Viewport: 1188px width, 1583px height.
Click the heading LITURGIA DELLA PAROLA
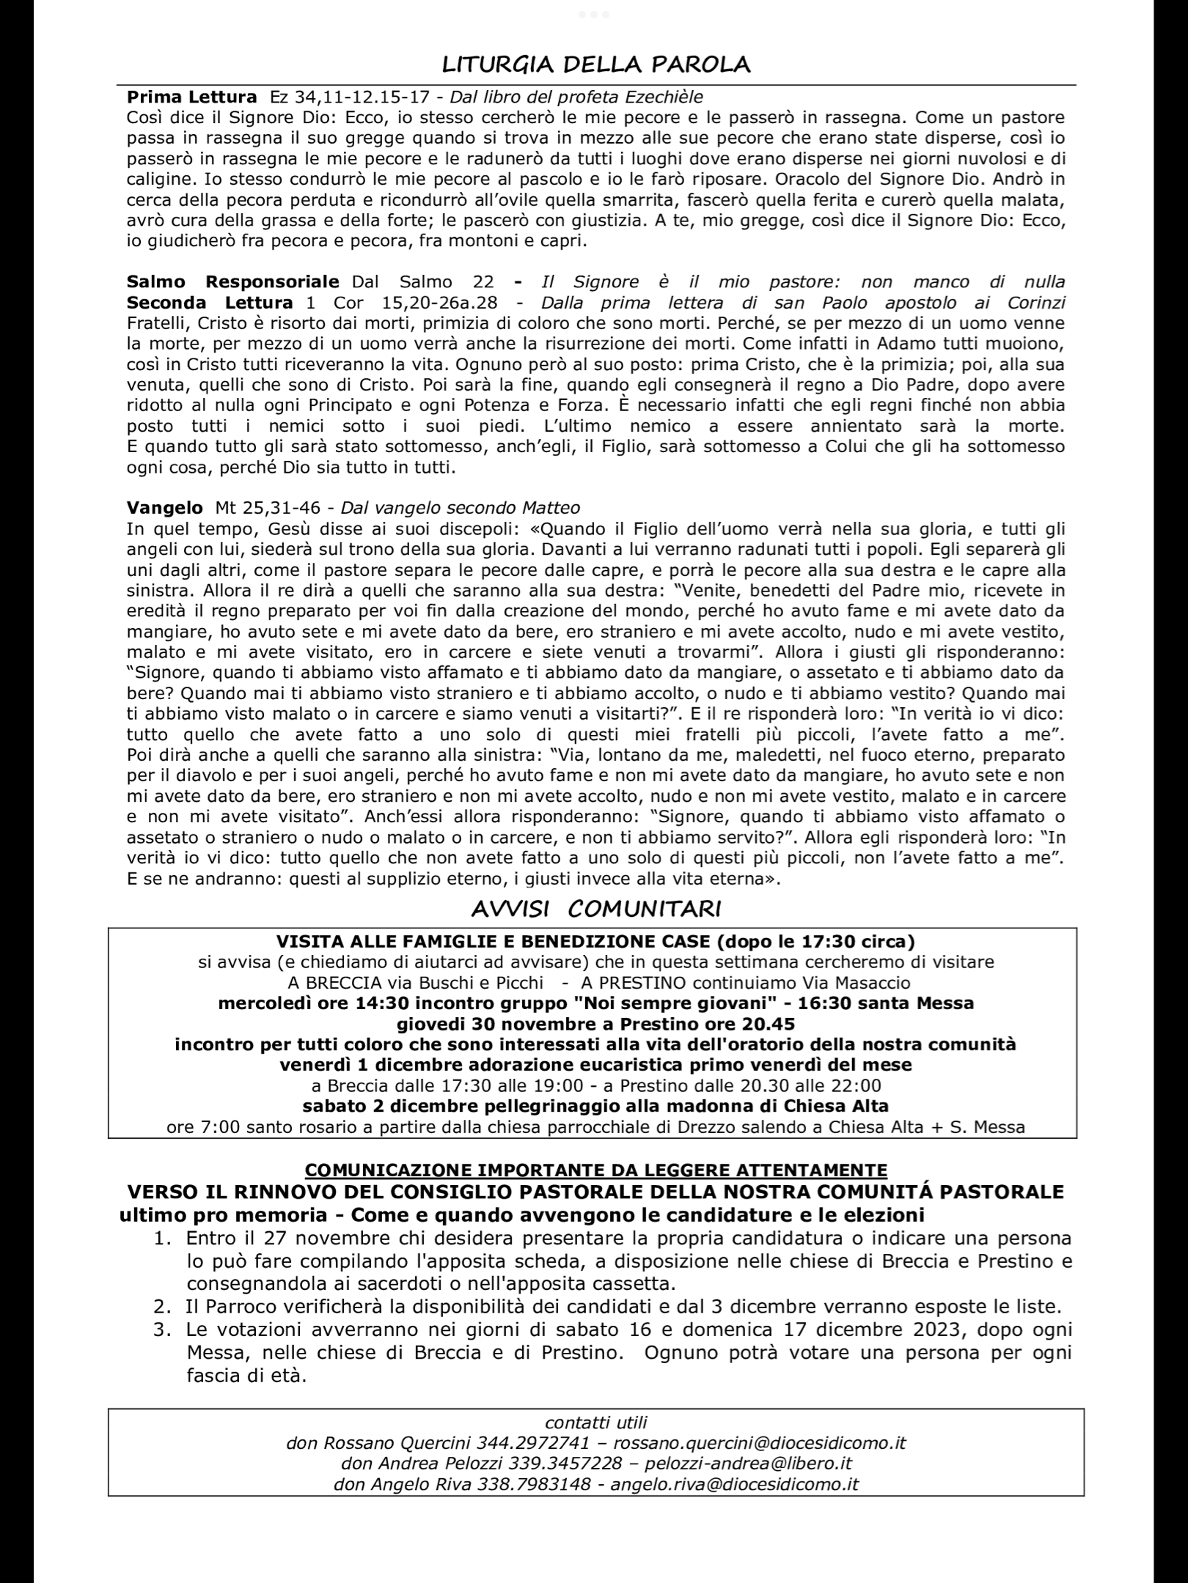point(595,64)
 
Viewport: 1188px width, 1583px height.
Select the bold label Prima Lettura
point(191,97)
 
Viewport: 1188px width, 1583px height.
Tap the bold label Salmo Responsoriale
point(232,282)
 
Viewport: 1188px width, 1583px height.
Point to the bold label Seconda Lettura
point(210,303)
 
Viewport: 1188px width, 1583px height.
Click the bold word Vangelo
point(164,508)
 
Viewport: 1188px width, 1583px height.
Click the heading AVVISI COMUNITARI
point(595,909)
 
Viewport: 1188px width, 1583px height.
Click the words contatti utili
point(595,1423)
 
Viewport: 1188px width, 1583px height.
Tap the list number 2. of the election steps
point(162,1307)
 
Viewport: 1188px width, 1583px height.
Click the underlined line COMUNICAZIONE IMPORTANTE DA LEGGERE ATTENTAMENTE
point(595,1170)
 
